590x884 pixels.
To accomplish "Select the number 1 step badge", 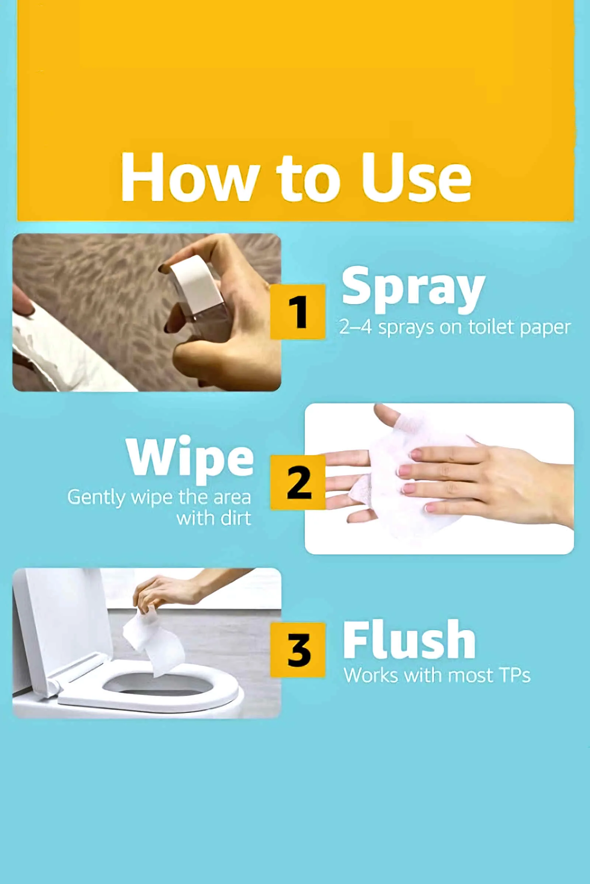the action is (x=298, y=312).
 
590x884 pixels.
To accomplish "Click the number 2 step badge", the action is (x=298, y=482).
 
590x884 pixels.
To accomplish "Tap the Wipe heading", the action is (x=190, y=460).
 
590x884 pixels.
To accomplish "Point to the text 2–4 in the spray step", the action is (x=355, y=327).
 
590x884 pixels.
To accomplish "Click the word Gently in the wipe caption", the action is (x=96, y=498).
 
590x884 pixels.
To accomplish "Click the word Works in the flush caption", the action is (x=371, y=676).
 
